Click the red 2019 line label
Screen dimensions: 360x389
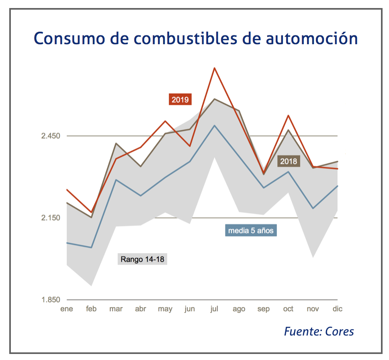pos(180,99)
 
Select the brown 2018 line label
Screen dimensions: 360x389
pos(289,162)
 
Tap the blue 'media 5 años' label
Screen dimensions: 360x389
pos(251,231)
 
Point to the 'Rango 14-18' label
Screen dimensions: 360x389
pos(142,259)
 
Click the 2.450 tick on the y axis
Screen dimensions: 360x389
pos(50,136)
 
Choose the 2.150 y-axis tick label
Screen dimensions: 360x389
pos(50,218)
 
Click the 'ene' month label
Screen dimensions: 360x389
pos(66,309)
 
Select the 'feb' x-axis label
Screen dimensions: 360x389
pos(91,309)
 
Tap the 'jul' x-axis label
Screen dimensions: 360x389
pos(215,309)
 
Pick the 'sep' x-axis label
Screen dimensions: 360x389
pos(264,309)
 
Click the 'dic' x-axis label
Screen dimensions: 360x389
pos(337,309)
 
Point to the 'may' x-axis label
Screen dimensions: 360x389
pos(165,309)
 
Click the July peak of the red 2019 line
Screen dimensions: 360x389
pos(215,68)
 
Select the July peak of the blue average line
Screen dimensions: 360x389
pos(215,125)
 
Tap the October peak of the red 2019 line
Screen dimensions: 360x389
pos(288,116)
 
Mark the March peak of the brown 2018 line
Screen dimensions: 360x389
pos(116,143)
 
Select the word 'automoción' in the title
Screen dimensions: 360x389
pos(311,39)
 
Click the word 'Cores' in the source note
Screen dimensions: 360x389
pos(340,331)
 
